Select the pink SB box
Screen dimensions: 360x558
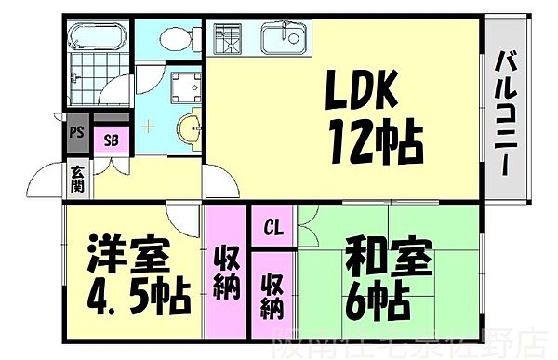point(111,140)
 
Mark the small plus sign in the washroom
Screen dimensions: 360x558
point(146,124)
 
